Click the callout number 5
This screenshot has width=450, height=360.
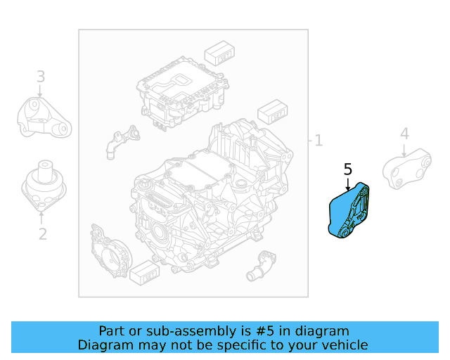tap(348, 169)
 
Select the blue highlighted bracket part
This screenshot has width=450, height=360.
tap(349, 211)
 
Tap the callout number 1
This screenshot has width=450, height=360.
tap(318, 141)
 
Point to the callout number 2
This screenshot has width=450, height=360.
tap(42, 234)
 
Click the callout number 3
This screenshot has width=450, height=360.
tap(41, 76)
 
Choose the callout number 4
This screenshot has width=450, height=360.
tap(404, 134)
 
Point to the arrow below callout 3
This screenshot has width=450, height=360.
tap(41, 91)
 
